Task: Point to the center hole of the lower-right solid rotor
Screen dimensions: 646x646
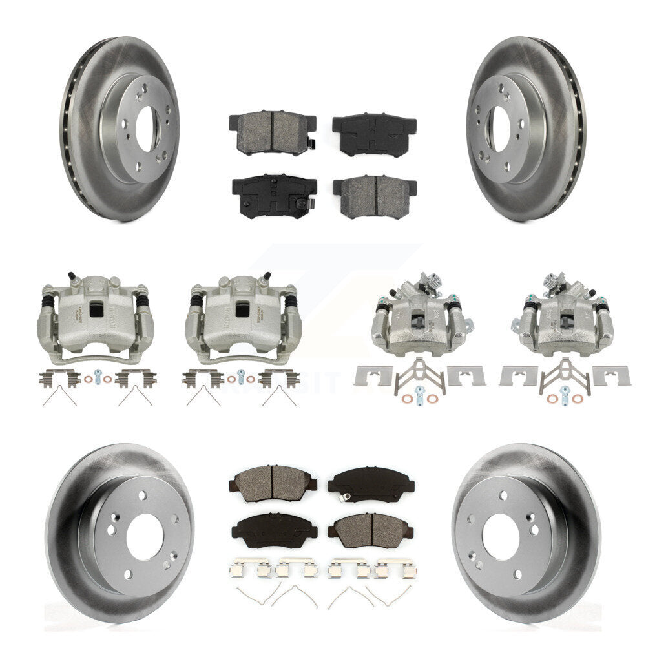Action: coord(498,536)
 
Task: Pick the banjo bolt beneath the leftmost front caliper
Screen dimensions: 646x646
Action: coord(96,375)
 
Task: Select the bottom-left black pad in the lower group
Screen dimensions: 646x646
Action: coord(273,527)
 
